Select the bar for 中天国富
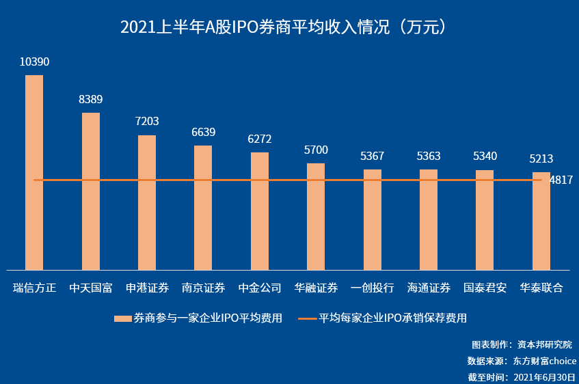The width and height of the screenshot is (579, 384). (x=91, y=191)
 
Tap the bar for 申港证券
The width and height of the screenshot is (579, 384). (x=147, y=202)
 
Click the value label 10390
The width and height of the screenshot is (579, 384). (x=34, y=62)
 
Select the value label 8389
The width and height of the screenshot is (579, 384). (x=91, y=100)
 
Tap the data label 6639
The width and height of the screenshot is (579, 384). (x=204, y=133)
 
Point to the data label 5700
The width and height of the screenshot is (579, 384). (x=316, y=150)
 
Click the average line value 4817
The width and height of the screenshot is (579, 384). (x=561, y=180)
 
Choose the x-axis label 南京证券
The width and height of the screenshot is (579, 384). (x=204, y=288)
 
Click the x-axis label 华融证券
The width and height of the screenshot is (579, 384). (x=316, y=288)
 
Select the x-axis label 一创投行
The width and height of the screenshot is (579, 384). (x=373, y=288)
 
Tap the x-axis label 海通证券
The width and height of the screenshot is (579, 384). (x=429, y=288)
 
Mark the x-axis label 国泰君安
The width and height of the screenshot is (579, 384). (x=485, y=288)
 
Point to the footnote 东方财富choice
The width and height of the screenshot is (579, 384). (x=545, y=361)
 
